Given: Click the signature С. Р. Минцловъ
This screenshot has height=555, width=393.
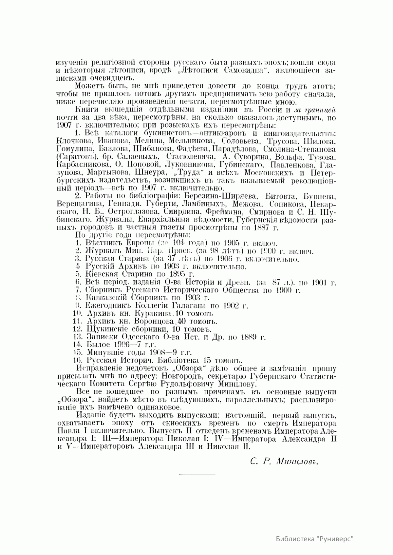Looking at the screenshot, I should point(284,462).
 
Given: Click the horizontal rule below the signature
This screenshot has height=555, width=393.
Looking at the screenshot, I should point(197,474).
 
